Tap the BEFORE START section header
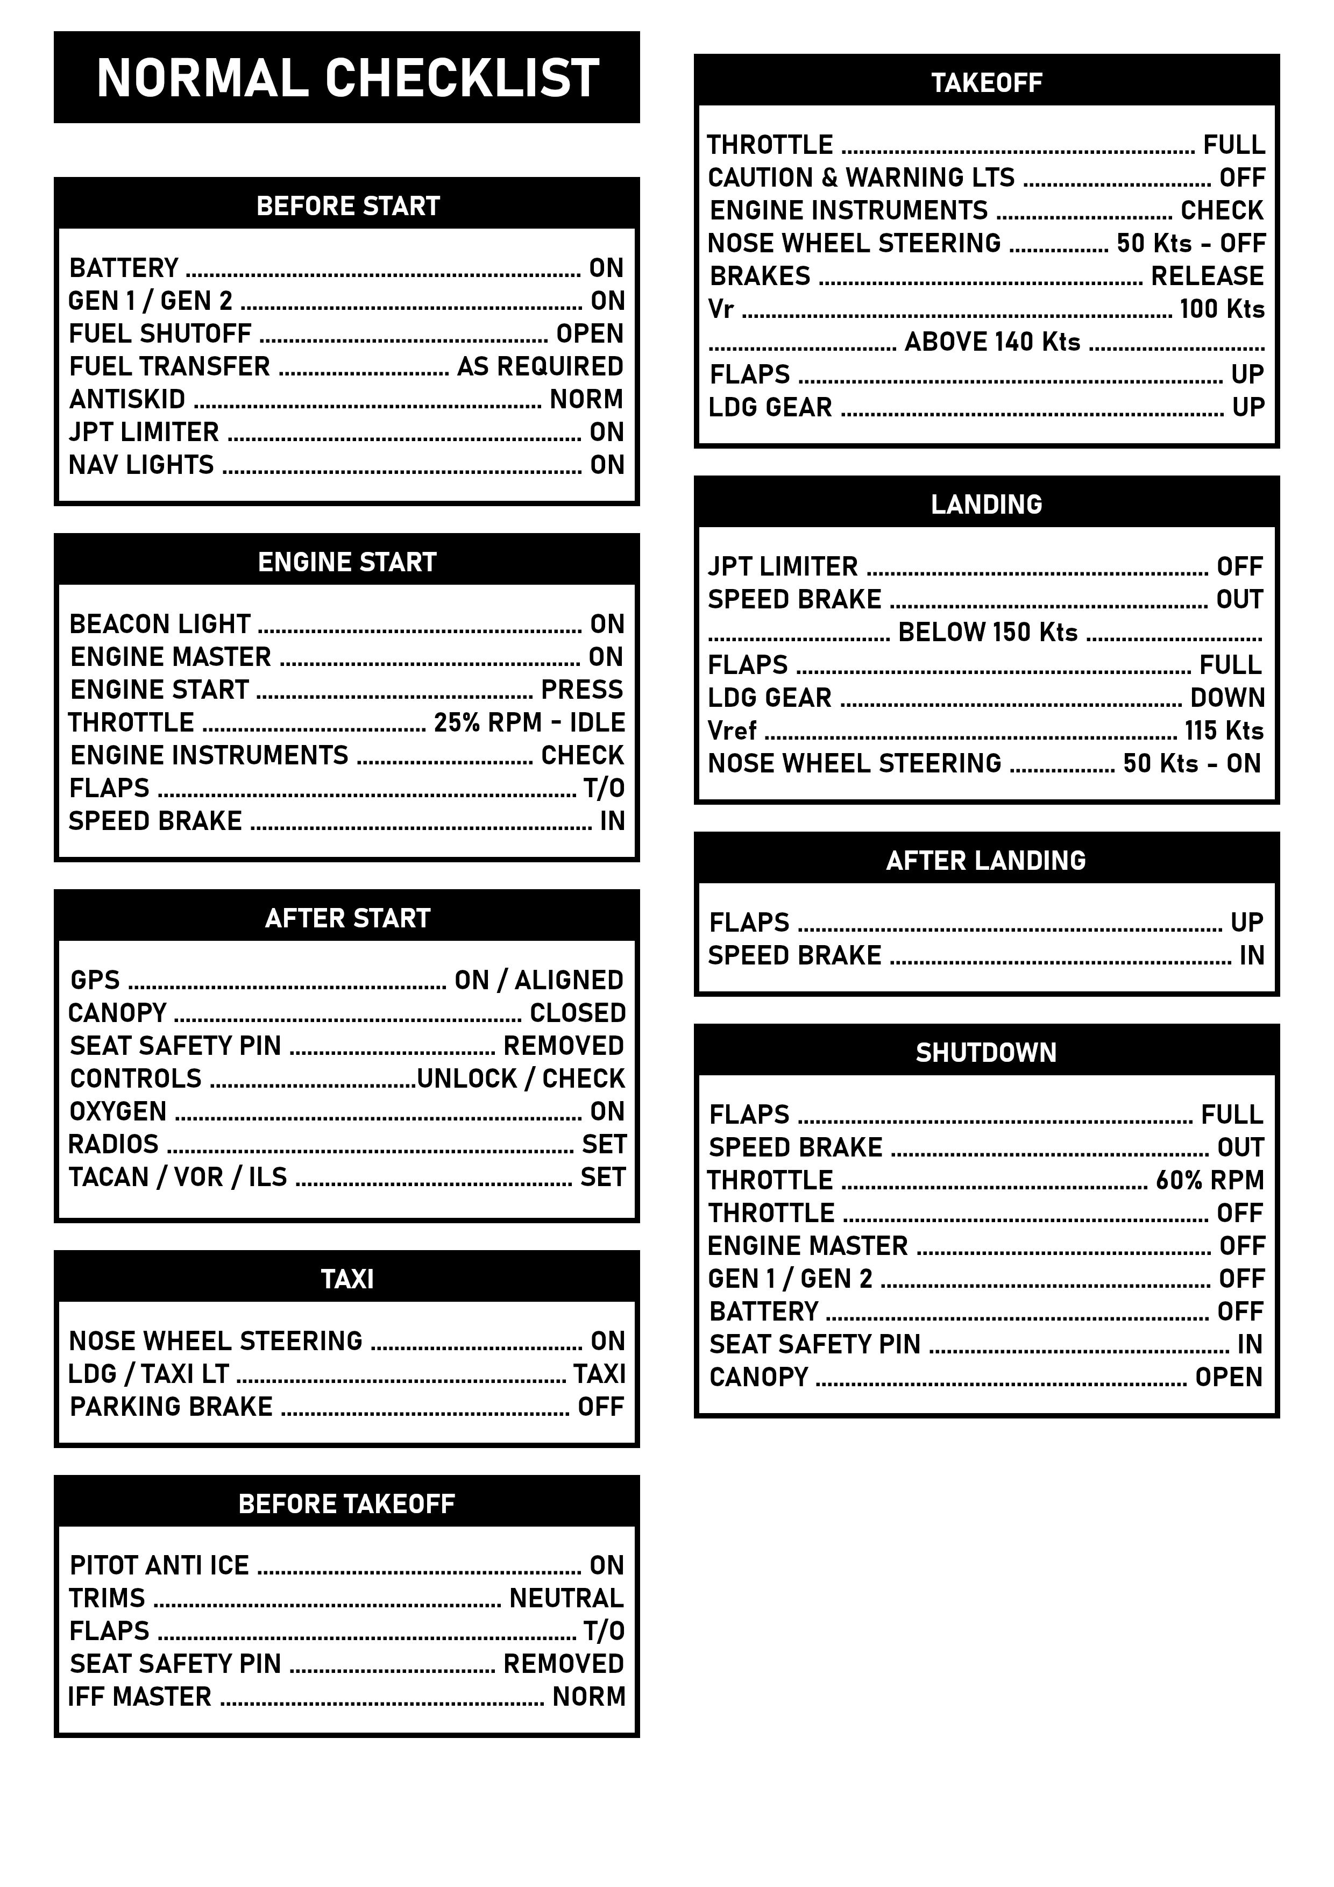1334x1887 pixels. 347,205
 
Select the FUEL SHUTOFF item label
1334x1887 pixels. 160,334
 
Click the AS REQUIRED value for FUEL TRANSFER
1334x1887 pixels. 540,366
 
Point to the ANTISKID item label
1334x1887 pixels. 127,400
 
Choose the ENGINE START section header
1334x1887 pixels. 347,562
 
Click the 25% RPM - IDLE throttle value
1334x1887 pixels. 529,722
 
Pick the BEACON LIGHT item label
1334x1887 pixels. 159,624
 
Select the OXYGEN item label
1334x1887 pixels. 118,1111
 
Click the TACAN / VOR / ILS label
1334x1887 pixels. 178,1177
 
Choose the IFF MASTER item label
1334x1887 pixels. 140,1697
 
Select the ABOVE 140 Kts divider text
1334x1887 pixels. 992,342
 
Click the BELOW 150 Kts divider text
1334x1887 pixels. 987,632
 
